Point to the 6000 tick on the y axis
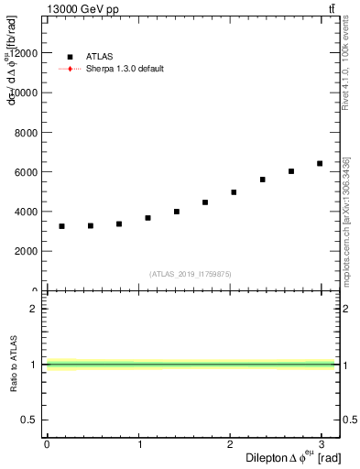click(27, 172)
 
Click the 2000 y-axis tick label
click(27, 251)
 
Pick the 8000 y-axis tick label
click(27, 133)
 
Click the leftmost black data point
click(61, 226)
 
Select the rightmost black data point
click(320, 163)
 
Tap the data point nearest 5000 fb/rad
click(234, 192)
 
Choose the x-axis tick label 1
click(138, 444)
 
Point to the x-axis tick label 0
click(47, 444)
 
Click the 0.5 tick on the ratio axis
click(30, 420)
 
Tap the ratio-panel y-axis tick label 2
click(35, 309)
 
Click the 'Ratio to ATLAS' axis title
click(12, 365)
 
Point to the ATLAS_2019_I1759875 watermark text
click(191, 273)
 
